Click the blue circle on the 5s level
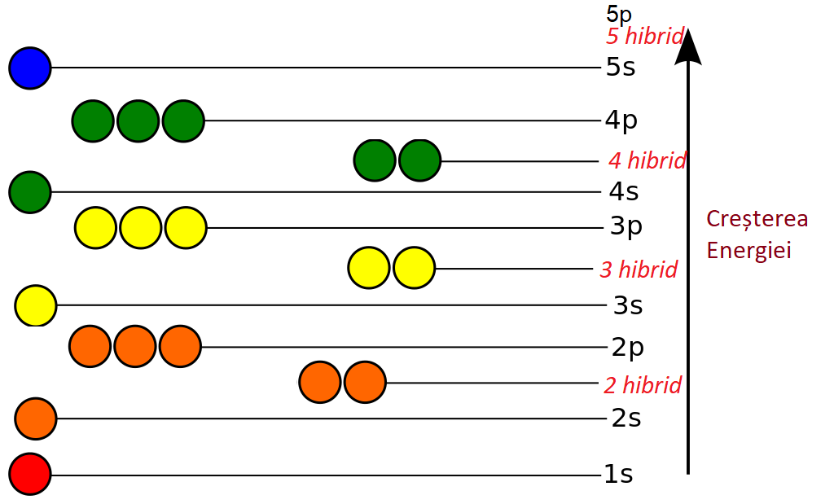pos(30,68)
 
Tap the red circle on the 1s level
pos(30,474)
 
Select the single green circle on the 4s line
pos(30,192)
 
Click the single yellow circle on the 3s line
pos(36,305)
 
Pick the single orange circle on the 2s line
pos(36,419)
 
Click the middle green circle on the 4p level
pos(138,121)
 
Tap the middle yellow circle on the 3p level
pos(140,228)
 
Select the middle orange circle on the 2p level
pos(134,347)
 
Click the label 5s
pos(621,68)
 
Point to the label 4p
pos(621,121)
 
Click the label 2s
pos(625,419)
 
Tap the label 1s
pos(618,474)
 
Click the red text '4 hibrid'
pos(647,160)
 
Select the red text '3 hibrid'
pos(639,270)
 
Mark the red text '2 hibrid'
pos(642,384)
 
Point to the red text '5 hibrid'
pos(644,37)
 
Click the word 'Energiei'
pos(749,249)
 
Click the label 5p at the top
pos(619,14)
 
